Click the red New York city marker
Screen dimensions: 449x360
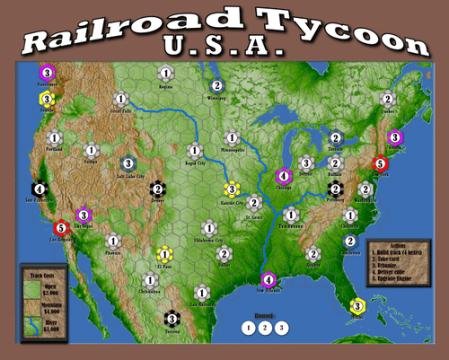pyautogui.click(x=381, y=163)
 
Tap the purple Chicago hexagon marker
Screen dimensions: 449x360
pyautogui.click(x=284, y=176)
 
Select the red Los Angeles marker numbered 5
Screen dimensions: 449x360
pyautogui.click(x=61, y=228)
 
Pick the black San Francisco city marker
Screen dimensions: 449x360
pyautogui.click(x=39, y=189)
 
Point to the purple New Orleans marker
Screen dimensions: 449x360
pyautogui.click(x=267, y=279)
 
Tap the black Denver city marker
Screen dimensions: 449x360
pyautogui.click(x=157, y=189)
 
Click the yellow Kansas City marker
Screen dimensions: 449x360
pyautogui.click(x=231, y=189)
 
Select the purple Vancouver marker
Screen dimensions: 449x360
pyautogui.click(x=47, y=73)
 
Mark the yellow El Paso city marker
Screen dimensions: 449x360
pyautogui.click(x=164, y=254)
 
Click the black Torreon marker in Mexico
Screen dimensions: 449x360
pyautogui.click(x=172, y=318)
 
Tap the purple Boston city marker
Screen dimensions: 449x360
pyautogui.click(x=393, y=137)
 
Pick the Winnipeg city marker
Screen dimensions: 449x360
pyautogui.click(x=216, y=86)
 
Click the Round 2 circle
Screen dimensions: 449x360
pyautogui.click(x=264, y=328)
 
